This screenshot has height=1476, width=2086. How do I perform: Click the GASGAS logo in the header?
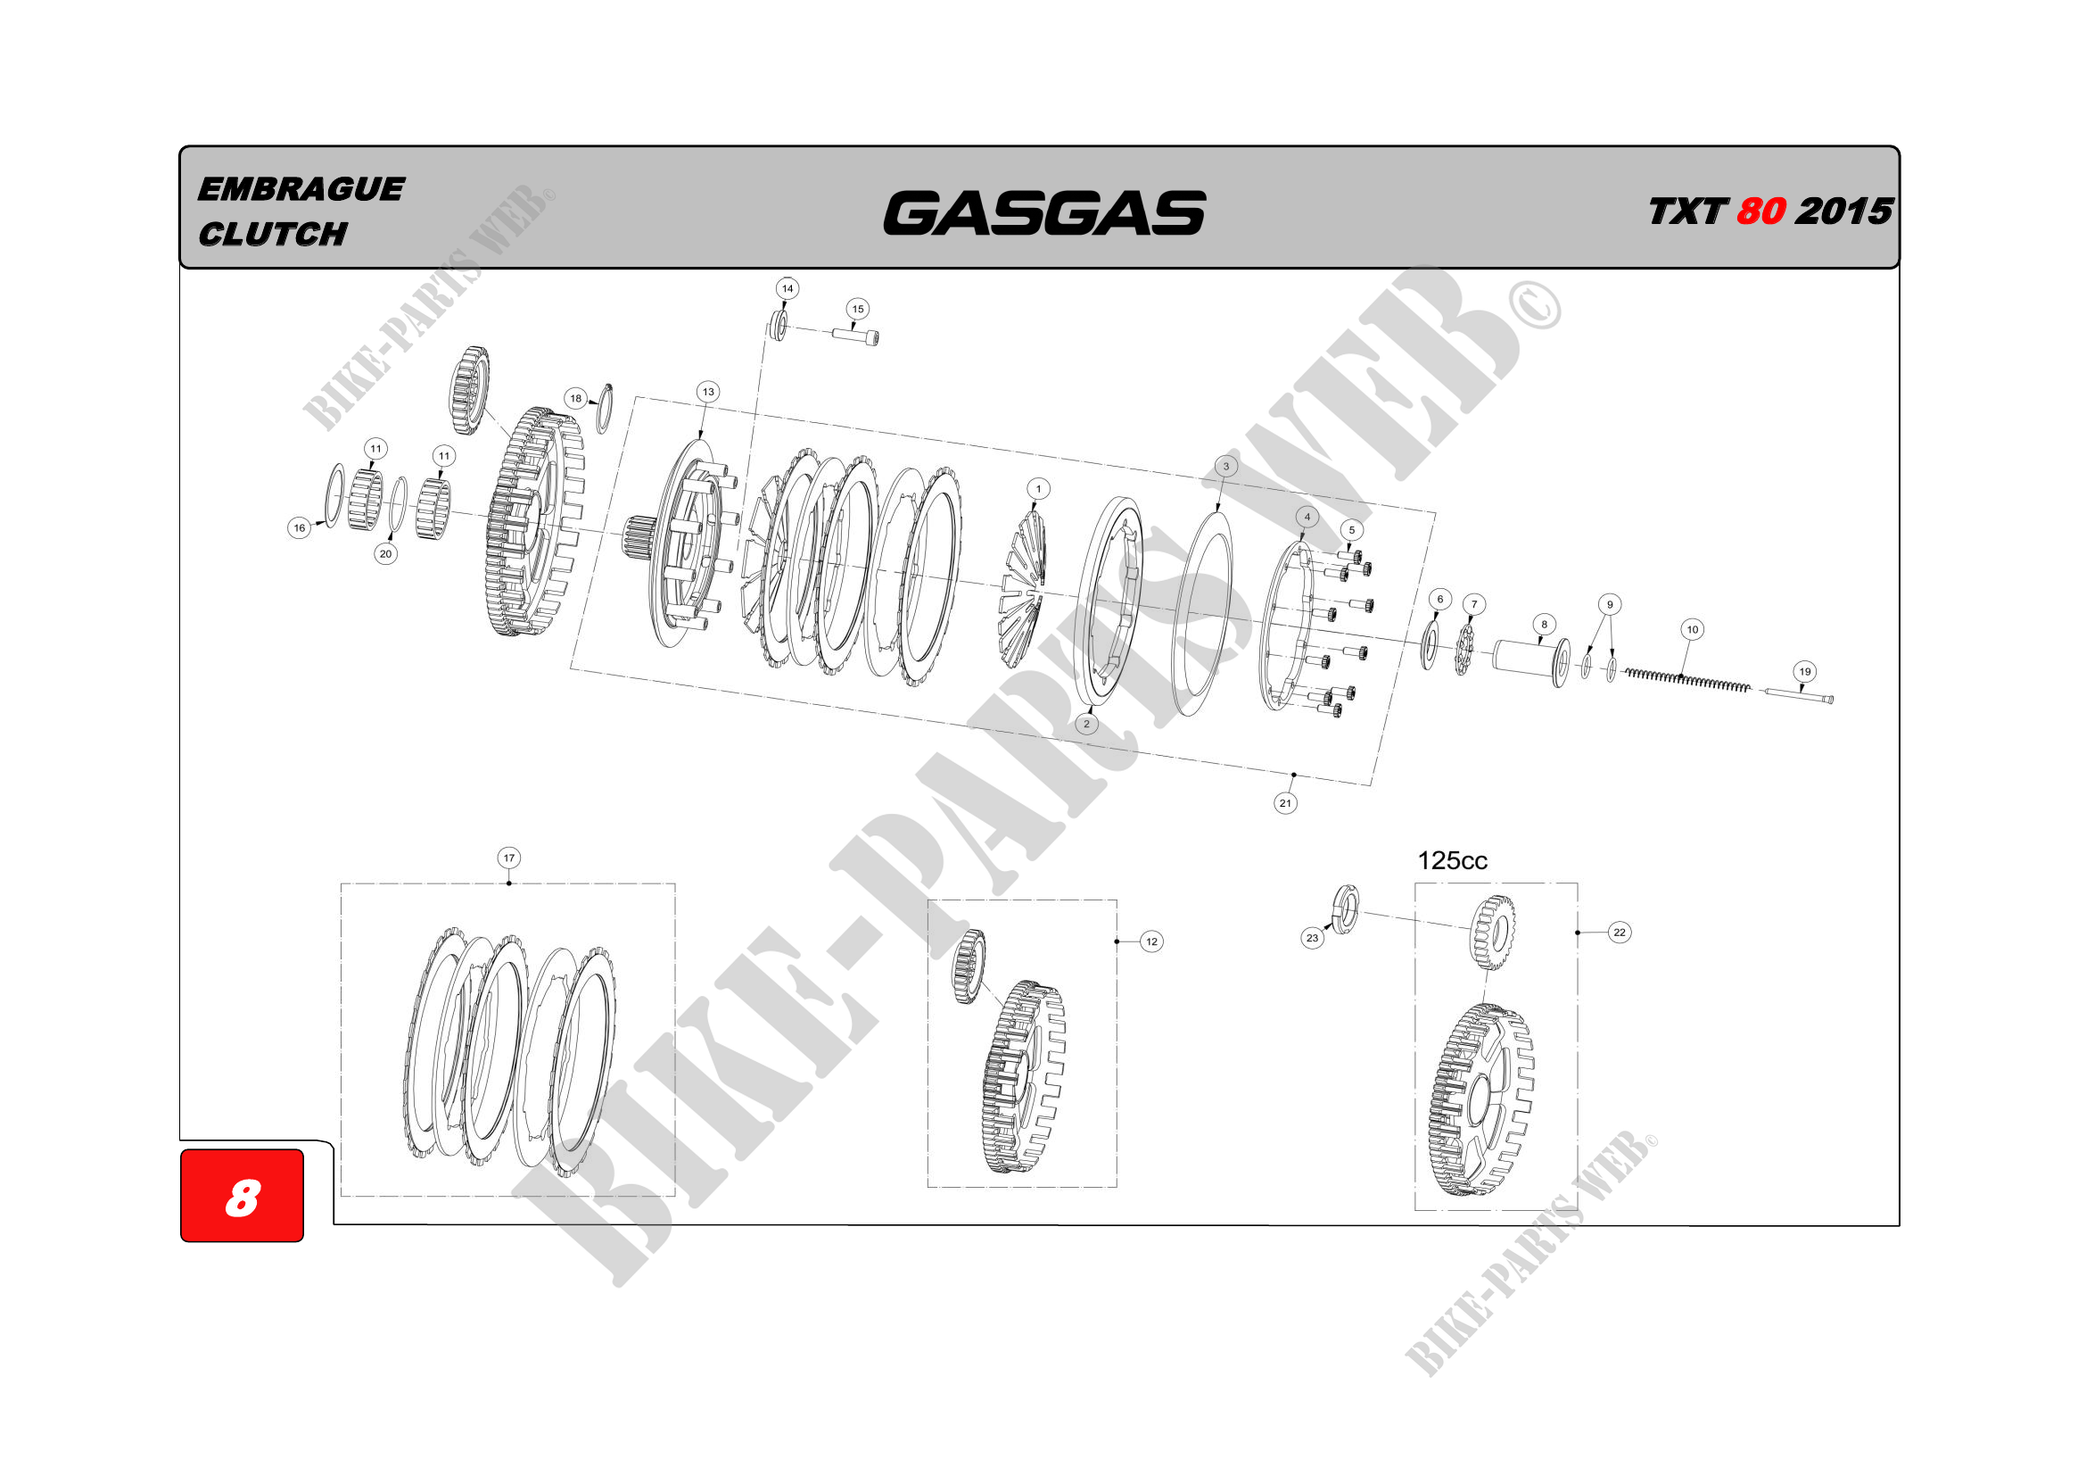tap(1044, 212)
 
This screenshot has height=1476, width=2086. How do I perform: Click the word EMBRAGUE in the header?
tap(301, 189)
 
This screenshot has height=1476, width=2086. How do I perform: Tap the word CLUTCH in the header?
tap(273, 234)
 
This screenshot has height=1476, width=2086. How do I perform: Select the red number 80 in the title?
tap(1760, 211)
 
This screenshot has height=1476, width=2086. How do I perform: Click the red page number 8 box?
tap(242, 1195)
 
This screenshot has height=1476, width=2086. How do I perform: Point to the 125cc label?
tap(1452, 860)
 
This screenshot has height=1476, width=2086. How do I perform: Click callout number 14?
tap(787, 289)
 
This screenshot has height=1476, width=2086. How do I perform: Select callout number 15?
tap(857, 309)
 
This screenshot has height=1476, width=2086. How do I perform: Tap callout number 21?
tap(1284, 802)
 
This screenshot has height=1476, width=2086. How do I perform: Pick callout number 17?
tap(508, 857)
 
